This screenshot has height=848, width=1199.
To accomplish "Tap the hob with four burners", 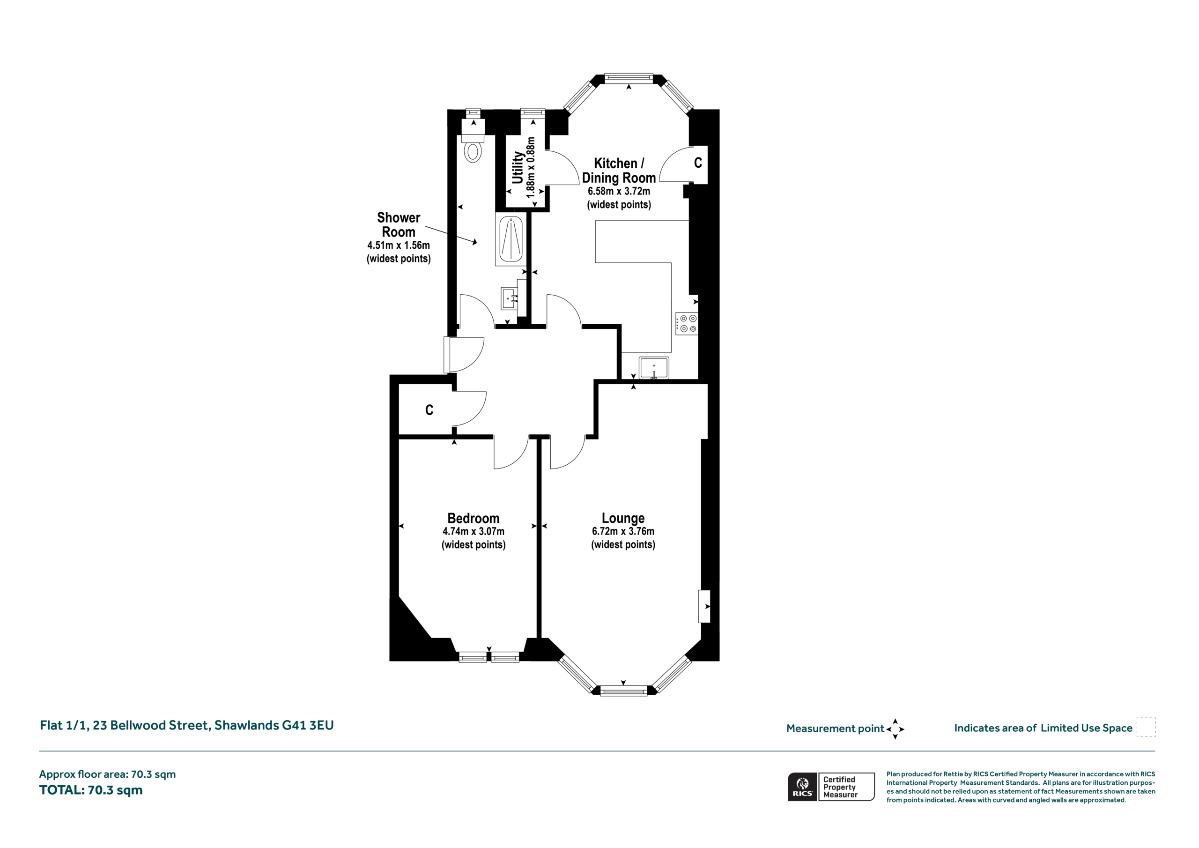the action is coord(687,323).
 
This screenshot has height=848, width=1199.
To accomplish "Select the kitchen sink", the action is coord(653,368).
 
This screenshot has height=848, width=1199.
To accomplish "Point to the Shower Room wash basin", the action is coord(510,298).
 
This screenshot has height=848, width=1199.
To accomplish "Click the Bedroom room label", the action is coord(473,518).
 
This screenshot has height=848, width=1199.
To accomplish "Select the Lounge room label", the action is coord(623,518).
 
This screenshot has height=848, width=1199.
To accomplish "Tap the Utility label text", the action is coord(518,168).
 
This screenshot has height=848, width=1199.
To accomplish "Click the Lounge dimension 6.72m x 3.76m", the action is coord(623,531).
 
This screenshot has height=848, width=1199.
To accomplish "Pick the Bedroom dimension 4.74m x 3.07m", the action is coord(473,531).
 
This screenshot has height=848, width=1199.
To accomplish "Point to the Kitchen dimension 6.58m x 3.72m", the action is coord(619,191).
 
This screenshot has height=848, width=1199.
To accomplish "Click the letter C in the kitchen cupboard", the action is coord(698,163).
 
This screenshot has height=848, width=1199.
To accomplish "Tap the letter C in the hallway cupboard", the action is coord(429,410).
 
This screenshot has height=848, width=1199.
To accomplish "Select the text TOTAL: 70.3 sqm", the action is coord(91,790).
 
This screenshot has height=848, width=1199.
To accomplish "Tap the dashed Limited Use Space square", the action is coord(1146,727).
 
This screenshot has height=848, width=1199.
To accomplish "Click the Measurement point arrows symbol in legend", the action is coord(895,729).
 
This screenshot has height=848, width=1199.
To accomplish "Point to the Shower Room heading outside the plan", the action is coord(399,225).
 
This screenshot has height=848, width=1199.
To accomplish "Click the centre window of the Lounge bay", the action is coord(623,691).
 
